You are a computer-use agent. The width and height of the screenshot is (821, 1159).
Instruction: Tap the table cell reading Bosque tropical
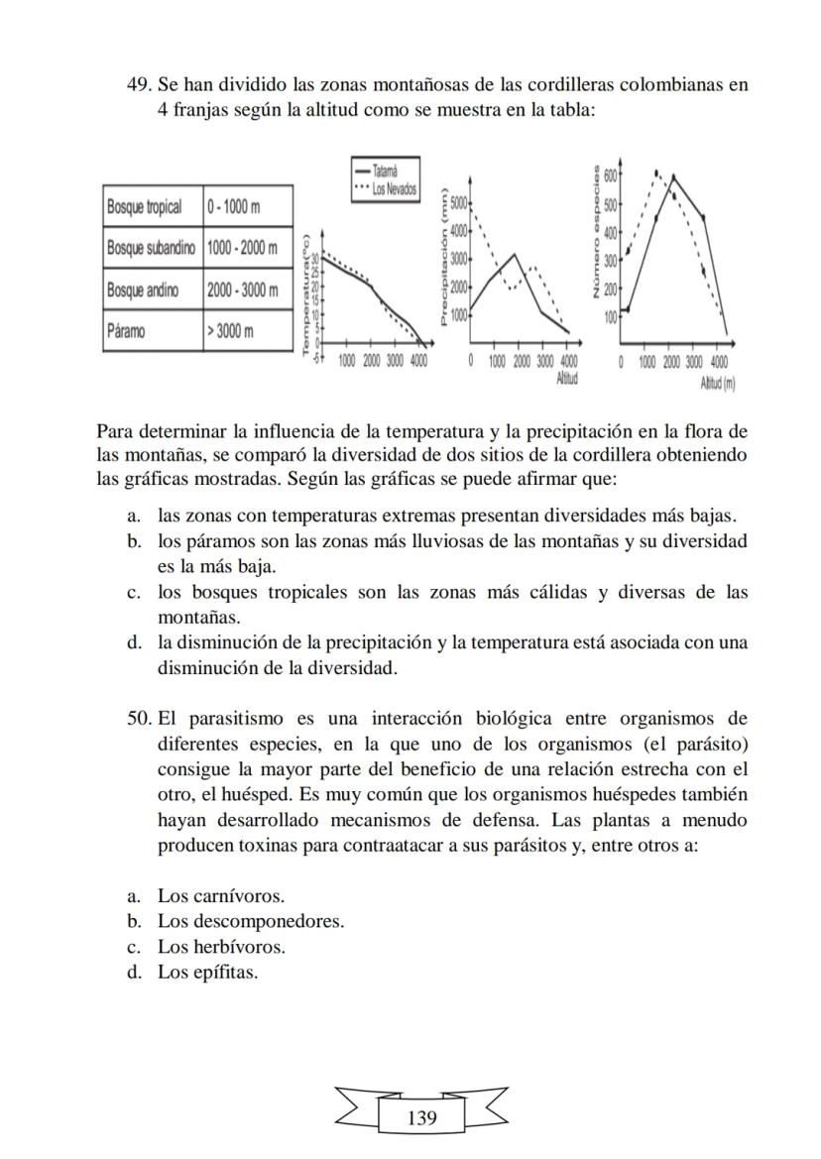[145, 206]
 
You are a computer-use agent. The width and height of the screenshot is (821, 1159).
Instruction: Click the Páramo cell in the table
[126, 330]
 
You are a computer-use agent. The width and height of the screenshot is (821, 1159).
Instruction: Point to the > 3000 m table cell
[232, 330]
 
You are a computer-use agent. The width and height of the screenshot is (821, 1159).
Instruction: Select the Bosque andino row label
[144, 290]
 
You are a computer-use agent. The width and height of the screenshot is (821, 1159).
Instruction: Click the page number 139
[421, 1118]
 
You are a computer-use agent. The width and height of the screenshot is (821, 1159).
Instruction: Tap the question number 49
[140, 84]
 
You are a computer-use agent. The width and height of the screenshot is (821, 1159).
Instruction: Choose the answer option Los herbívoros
[221, 947]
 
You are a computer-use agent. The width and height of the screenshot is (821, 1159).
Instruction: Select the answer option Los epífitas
[207, 972]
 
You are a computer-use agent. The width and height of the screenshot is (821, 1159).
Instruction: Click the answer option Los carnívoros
[220, 896]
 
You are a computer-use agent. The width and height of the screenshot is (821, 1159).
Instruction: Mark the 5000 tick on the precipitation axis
[457, 202]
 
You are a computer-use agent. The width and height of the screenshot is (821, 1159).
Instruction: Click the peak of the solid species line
[674, 176]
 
